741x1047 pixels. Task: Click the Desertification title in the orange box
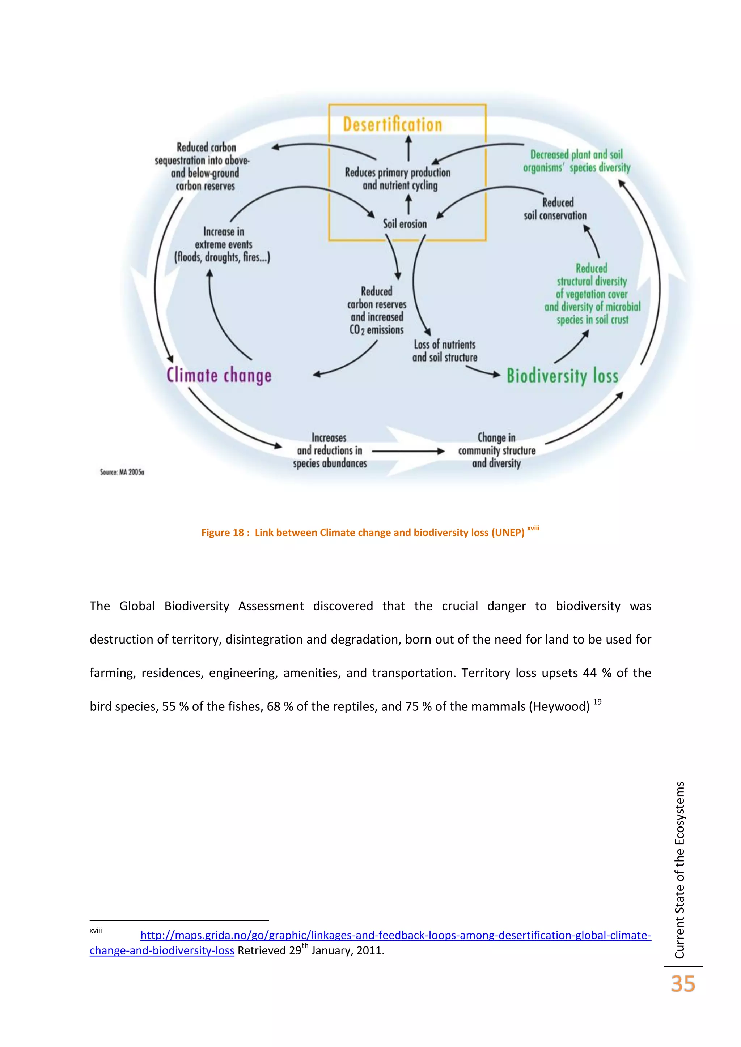click(393, 124)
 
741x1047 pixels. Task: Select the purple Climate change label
click(219, 375)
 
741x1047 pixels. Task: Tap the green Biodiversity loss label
click(563, 376)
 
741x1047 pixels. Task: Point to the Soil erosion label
click(405, 224)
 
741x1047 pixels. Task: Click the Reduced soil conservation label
click(555, 209)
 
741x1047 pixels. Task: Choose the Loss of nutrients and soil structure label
click(445, 351)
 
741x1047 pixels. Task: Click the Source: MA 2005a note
click(122, 472)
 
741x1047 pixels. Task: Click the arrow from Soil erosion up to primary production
click(408, 204)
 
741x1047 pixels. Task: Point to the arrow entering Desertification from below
click(408, 148)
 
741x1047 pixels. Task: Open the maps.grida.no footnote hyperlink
click(395, 935)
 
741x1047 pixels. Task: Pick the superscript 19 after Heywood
click(597, 702)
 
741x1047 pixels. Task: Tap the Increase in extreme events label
click(223, 244)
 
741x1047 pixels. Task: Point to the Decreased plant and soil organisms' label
click(577, 161)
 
